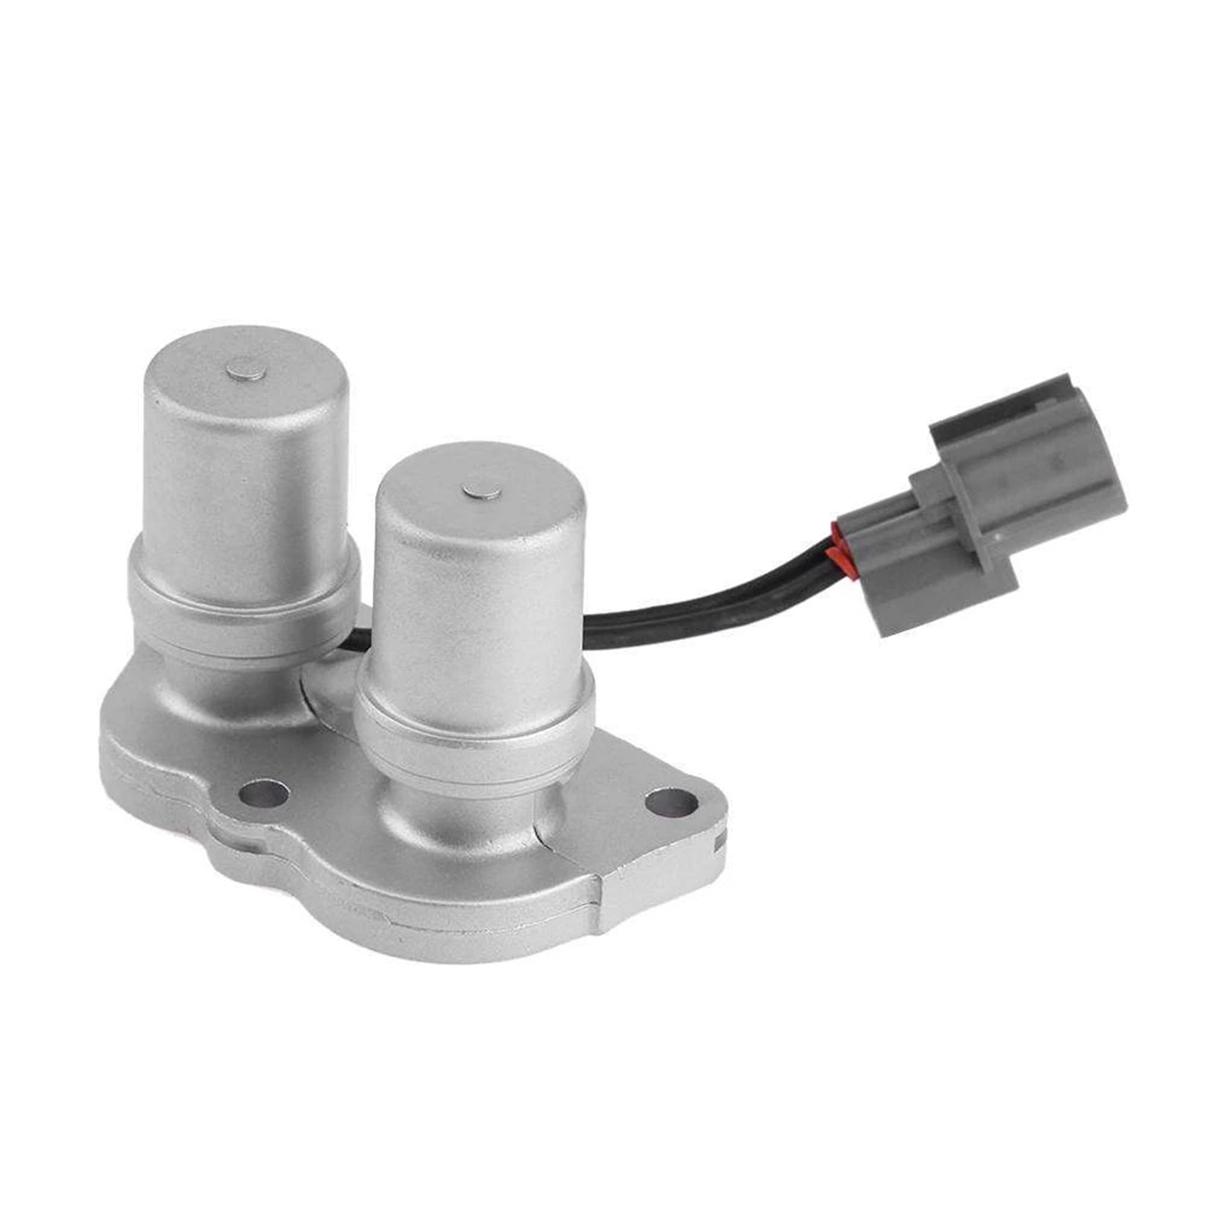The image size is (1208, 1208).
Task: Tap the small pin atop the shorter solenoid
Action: pyautogui.click(x=480, y=490)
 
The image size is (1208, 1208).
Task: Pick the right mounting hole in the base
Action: pyautogui.click(x=670, y=802)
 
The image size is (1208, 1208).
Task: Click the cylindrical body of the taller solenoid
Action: pyautogui.click(x=245, y=490)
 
